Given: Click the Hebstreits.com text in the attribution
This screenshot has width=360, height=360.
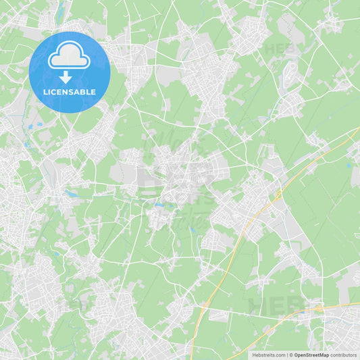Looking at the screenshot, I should tap(268, 355).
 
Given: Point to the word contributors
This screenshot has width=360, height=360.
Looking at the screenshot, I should tap(344, 355).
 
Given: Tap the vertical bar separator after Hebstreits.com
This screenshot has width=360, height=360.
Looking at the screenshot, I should tap(286, 355).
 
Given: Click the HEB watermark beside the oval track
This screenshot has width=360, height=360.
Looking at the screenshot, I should tap(278, 49).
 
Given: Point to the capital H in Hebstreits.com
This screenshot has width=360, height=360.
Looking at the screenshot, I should tap(254, 355).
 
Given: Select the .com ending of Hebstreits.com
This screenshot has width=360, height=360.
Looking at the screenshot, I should tap(279, 355).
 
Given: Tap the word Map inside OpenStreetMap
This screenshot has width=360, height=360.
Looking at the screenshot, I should tap(324, 355).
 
